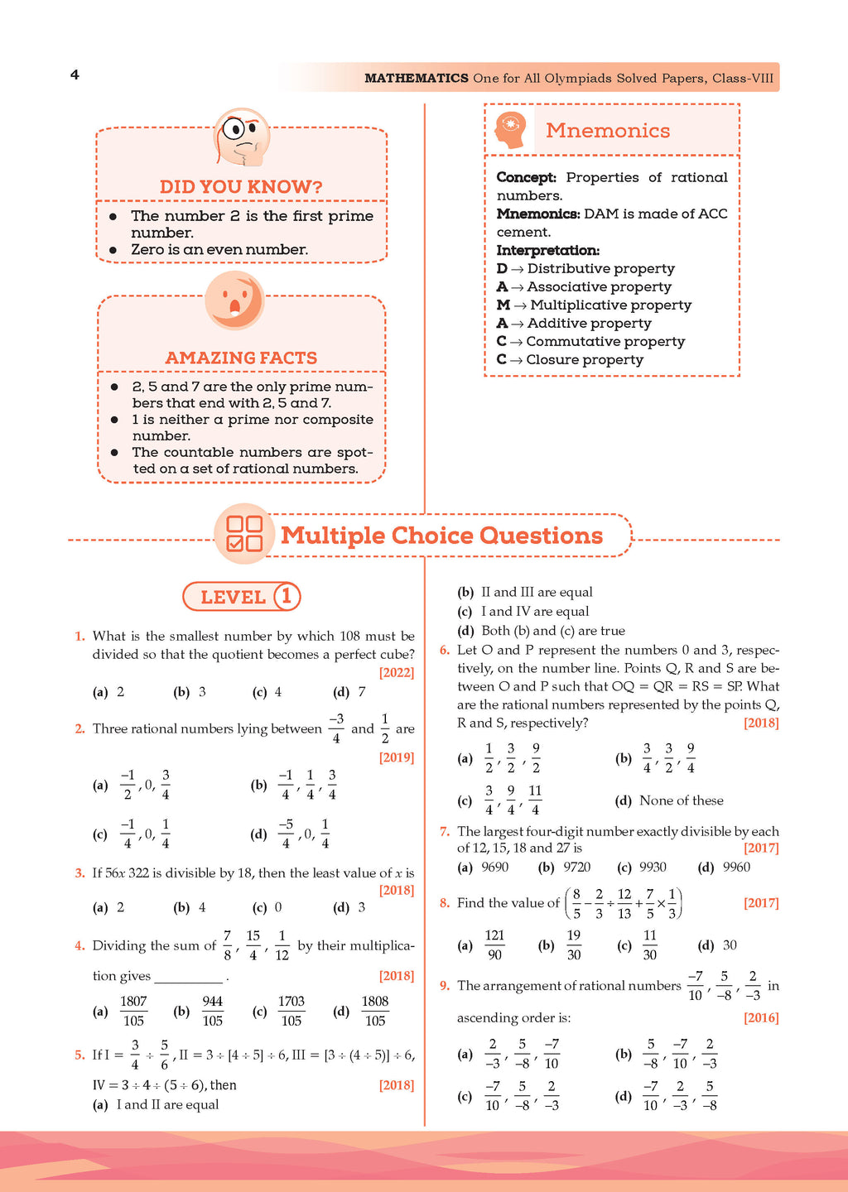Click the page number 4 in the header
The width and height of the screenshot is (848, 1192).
pos(75,75)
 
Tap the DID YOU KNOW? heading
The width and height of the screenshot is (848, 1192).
pos(241,187)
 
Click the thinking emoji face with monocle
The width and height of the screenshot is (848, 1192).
pos(242,137)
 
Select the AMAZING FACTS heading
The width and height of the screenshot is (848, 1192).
pos(241,358)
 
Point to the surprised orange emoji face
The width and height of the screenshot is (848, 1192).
pos(234,300)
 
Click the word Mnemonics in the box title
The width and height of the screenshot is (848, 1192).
pos(608,131)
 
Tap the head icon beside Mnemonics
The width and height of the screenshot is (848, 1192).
pos(510,130)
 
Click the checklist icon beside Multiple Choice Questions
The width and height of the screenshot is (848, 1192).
pos(244,534)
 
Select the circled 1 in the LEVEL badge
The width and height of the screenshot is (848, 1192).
pos(286,596)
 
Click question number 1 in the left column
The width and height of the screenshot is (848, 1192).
pos(79,636)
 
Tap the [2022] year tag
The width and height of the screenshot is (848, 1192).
pos(397,672)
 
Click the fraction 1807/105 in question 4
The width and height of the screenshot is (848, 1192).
pos(133,1011)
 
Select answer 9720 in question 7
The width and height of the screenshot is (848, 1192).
pos(576,867)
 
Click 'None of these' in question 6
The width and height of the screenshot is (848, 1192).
pos(681,800)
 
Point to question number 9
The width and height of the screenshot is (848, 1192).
pos(445,985)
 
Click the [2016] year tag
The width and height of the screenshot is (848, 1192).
pos(761,1017)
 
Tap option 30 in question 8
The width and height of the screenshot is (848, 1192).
pos(730,945)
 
